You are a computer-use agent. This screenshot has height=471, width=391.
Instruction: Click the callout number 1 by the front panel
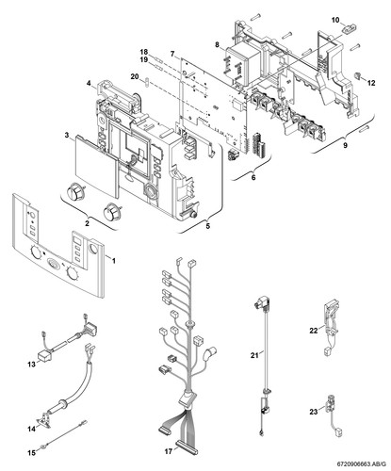tap(114, 261)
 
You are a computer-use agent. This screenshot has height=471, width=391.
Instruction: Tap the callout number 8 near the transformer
tap(217, 44)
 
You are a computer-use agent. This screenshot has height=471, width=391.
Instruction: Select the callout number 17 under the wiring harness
tap(169, 451)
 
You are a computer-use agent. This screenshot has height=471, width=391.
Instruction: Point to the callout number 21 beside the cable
tap(254, 355)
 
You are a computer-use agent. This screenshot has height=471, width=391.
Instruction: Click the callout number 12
tap(371, 83)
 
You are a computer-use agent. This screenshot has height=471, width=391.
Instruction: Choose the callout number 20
tap(136, 76)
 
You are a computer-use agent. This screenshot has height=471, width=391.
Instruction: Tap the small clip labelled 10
tap(349, 29)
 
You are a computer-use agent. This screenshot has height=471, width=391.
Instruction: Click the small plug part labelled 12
tap(357, 75)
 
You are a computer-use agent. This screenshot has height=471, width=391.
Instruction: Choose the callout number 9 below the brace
tap(346, 145)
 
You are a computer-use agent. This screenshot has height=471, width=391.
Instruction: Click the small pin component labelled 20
tap(146, 82)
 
